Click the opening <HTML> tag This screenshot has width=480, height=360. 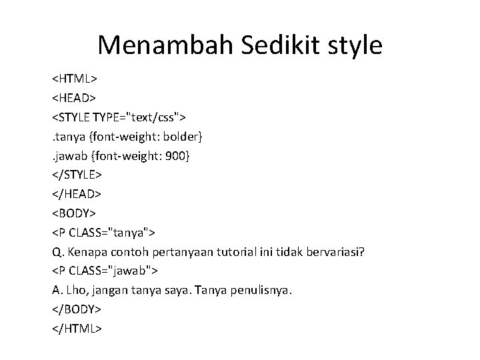[76, 79]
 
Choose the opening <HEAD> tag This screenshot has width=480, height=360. [75, 98]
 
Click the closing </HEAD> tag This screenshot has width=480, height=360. [77, 194]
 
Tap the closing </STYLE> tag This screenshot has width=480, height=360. [77, 175]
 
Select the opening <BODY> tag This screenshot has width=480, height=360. [75, 213]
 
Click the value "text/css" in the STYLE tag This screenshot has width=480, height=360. [153, 117]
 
